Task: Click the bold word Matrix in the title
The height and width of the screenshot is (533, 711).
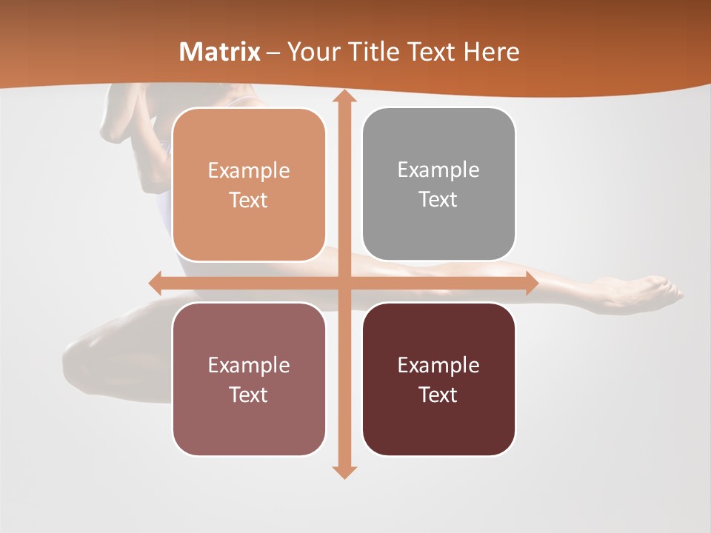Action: click(220, 52)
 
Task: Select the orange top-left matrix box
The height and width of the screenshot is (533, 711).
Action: click(249, 184)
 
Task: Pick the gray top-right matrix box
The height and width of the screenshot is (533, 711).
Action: click(438, 184)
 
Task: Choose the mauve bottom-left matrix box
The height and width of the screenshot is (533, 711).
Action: click(249, 379)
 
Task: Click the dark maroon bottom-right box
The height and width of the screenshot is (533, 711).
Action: click(438, 379)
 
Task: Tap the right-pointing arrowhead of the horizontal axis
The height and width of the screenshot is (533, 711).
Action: click(532, 283)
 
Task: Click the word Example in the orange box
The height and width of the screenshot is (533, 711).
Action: click(249, 171)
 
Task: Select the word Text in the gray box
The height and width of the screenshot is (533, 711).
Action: click(438, 200)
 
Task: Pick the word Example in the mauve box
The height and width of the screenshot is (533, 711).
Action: click(249, 365)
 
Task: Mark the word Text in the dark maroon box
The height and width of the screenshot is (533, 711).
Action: click(438, 395)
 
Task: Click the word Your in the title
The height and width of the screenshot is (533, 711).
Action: click(312, 52)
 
